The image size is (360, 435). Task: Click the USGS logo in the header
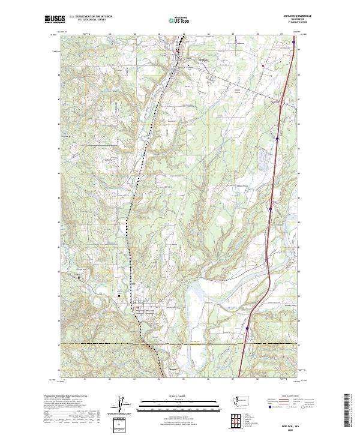pos(55,19)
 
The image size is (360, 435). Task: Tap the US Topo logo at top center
pos(180,20)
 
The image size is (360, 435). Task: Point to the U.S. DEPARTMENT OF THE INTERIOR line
pos(91,17)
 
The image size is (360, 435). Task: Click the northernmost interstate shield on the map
pos(294,43)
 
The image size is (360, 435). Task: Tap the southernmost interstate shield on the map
pos(247,329)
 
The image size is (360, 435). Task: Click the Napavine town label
pos(186,59)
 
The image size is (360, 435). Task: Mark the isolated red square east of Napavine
pos(263,65)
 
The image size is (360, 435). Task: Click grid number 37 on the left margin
pos(59,345)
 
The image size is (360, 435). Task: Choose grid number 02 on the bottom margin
pos(110,379)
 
